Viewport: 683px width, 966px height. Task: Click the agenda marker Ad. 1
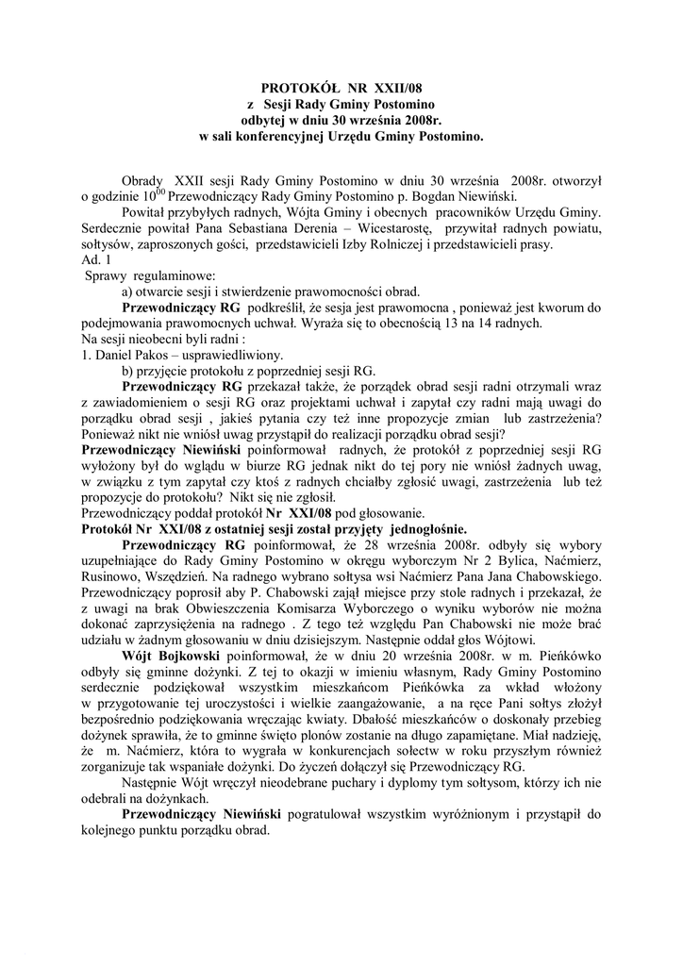pos(97,259)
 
